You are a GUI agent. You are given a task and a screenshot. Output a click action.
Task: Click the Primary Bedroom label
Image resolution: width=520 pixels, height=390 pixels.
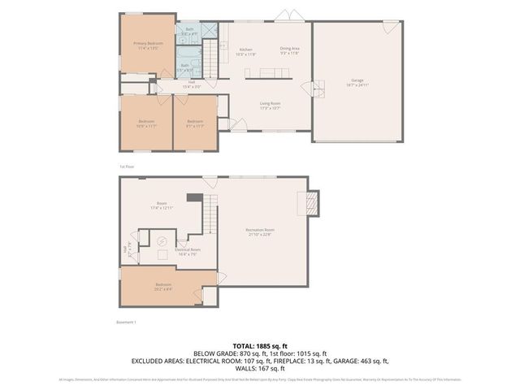click(x=149, y=43)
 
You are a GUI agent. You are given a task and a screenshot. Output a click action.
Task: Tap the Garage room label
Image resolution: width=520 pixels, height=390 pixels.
click(x=357, y=80)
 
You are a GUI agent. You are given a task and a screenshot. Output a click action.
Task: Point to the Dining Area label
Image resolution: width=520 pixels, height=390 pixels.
click(x=290, y=49)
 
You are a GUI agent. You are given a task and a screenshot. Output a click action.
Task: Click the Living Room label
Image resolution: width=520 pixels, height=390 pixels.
click(x=271, y=103)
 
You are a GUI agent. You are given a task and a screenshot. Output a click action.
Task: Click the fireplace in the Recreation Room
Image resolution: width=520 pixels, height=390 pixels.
click(x=309, y=202)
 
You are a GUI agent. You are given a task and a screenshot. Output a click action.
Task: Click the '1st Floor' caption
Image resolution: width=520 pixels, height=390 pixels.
click(x=127, y=166)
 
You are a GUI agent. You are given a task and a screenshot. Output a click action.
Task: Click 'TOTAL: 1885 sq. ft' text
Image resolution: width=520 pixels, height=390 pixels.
click(x=260, y=346)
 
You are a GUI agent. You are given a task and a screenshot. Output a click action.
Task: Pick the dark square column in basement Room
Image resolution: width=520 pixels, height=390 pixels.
click(x=193, y=197)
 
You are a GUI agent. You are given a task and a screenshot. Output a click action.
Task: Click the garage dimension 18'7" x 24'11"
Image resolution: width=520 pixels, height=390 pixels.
click(x=357, y=84)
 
